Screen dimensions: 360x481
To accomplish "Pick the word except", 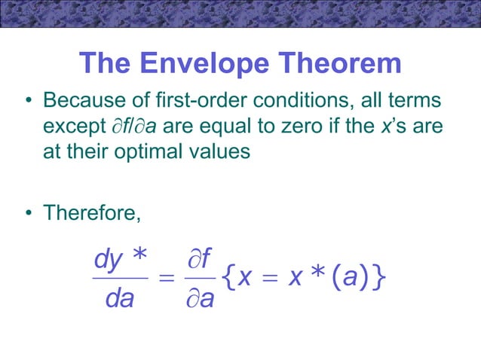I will coord(70,126).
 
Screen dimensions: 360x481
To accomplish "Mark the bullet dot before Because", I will coord(29,101).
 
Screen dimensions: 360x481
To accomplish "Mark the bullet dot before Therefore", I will coord(29,214).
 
